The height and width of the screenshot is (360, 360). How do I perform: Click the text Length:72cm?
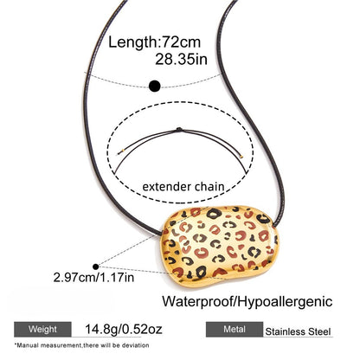pyautogui.click(x=154, y=42)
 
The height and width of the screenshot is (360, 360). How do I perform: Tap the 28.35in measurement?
pyautogui.click(x=181, y=60)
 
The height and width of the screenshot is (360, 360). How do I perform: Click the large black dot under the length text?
pyautogui.click(x=155, y=86)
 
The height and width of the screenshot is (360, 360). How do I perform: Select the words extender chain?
pyautogui.click(x=183, y=187)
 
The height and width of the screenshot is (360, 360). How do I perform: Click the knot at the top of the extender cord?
pyautogui.click(x=179, y=130)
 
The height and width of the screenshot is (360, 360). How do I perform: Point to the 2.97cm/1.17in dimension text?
pyautogui.click(x=93, y=278)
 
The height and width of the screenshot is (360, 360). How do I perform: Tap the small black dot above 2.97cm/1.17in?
pyautogui.click(x=96, y=267)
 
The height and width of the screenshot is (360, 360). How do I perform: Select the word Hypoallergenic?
pyautogui.click(x=285, y=302)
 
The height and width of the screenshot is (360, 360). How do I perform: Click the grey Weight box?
pyautogui.click(x=42, y=329)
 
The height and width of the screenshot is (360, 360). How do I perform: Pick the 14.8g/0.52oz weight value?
pyautogui.click(x=124, y=329)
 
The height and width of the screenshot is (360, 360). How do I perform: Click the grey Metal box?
pyautogui.click(x=235, y=329)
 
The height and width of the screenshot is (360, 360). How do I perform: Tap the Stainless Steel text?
pyautogui.click(x=298, y=331)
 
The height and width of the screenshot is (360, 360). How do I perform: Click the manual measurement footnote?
pyautogui.click(x=82, y=345)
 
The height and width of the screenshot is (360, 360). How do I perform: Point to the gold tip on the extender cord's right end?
pyautogui.click(x=241, y=157)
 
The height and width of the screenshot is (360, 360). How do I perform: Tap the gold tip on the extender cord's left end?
pyautogui.click(x=122, y=151)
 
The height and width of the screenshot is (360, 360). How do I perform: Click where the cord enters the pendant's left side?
pyautogui.click(x=162, y=233)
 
